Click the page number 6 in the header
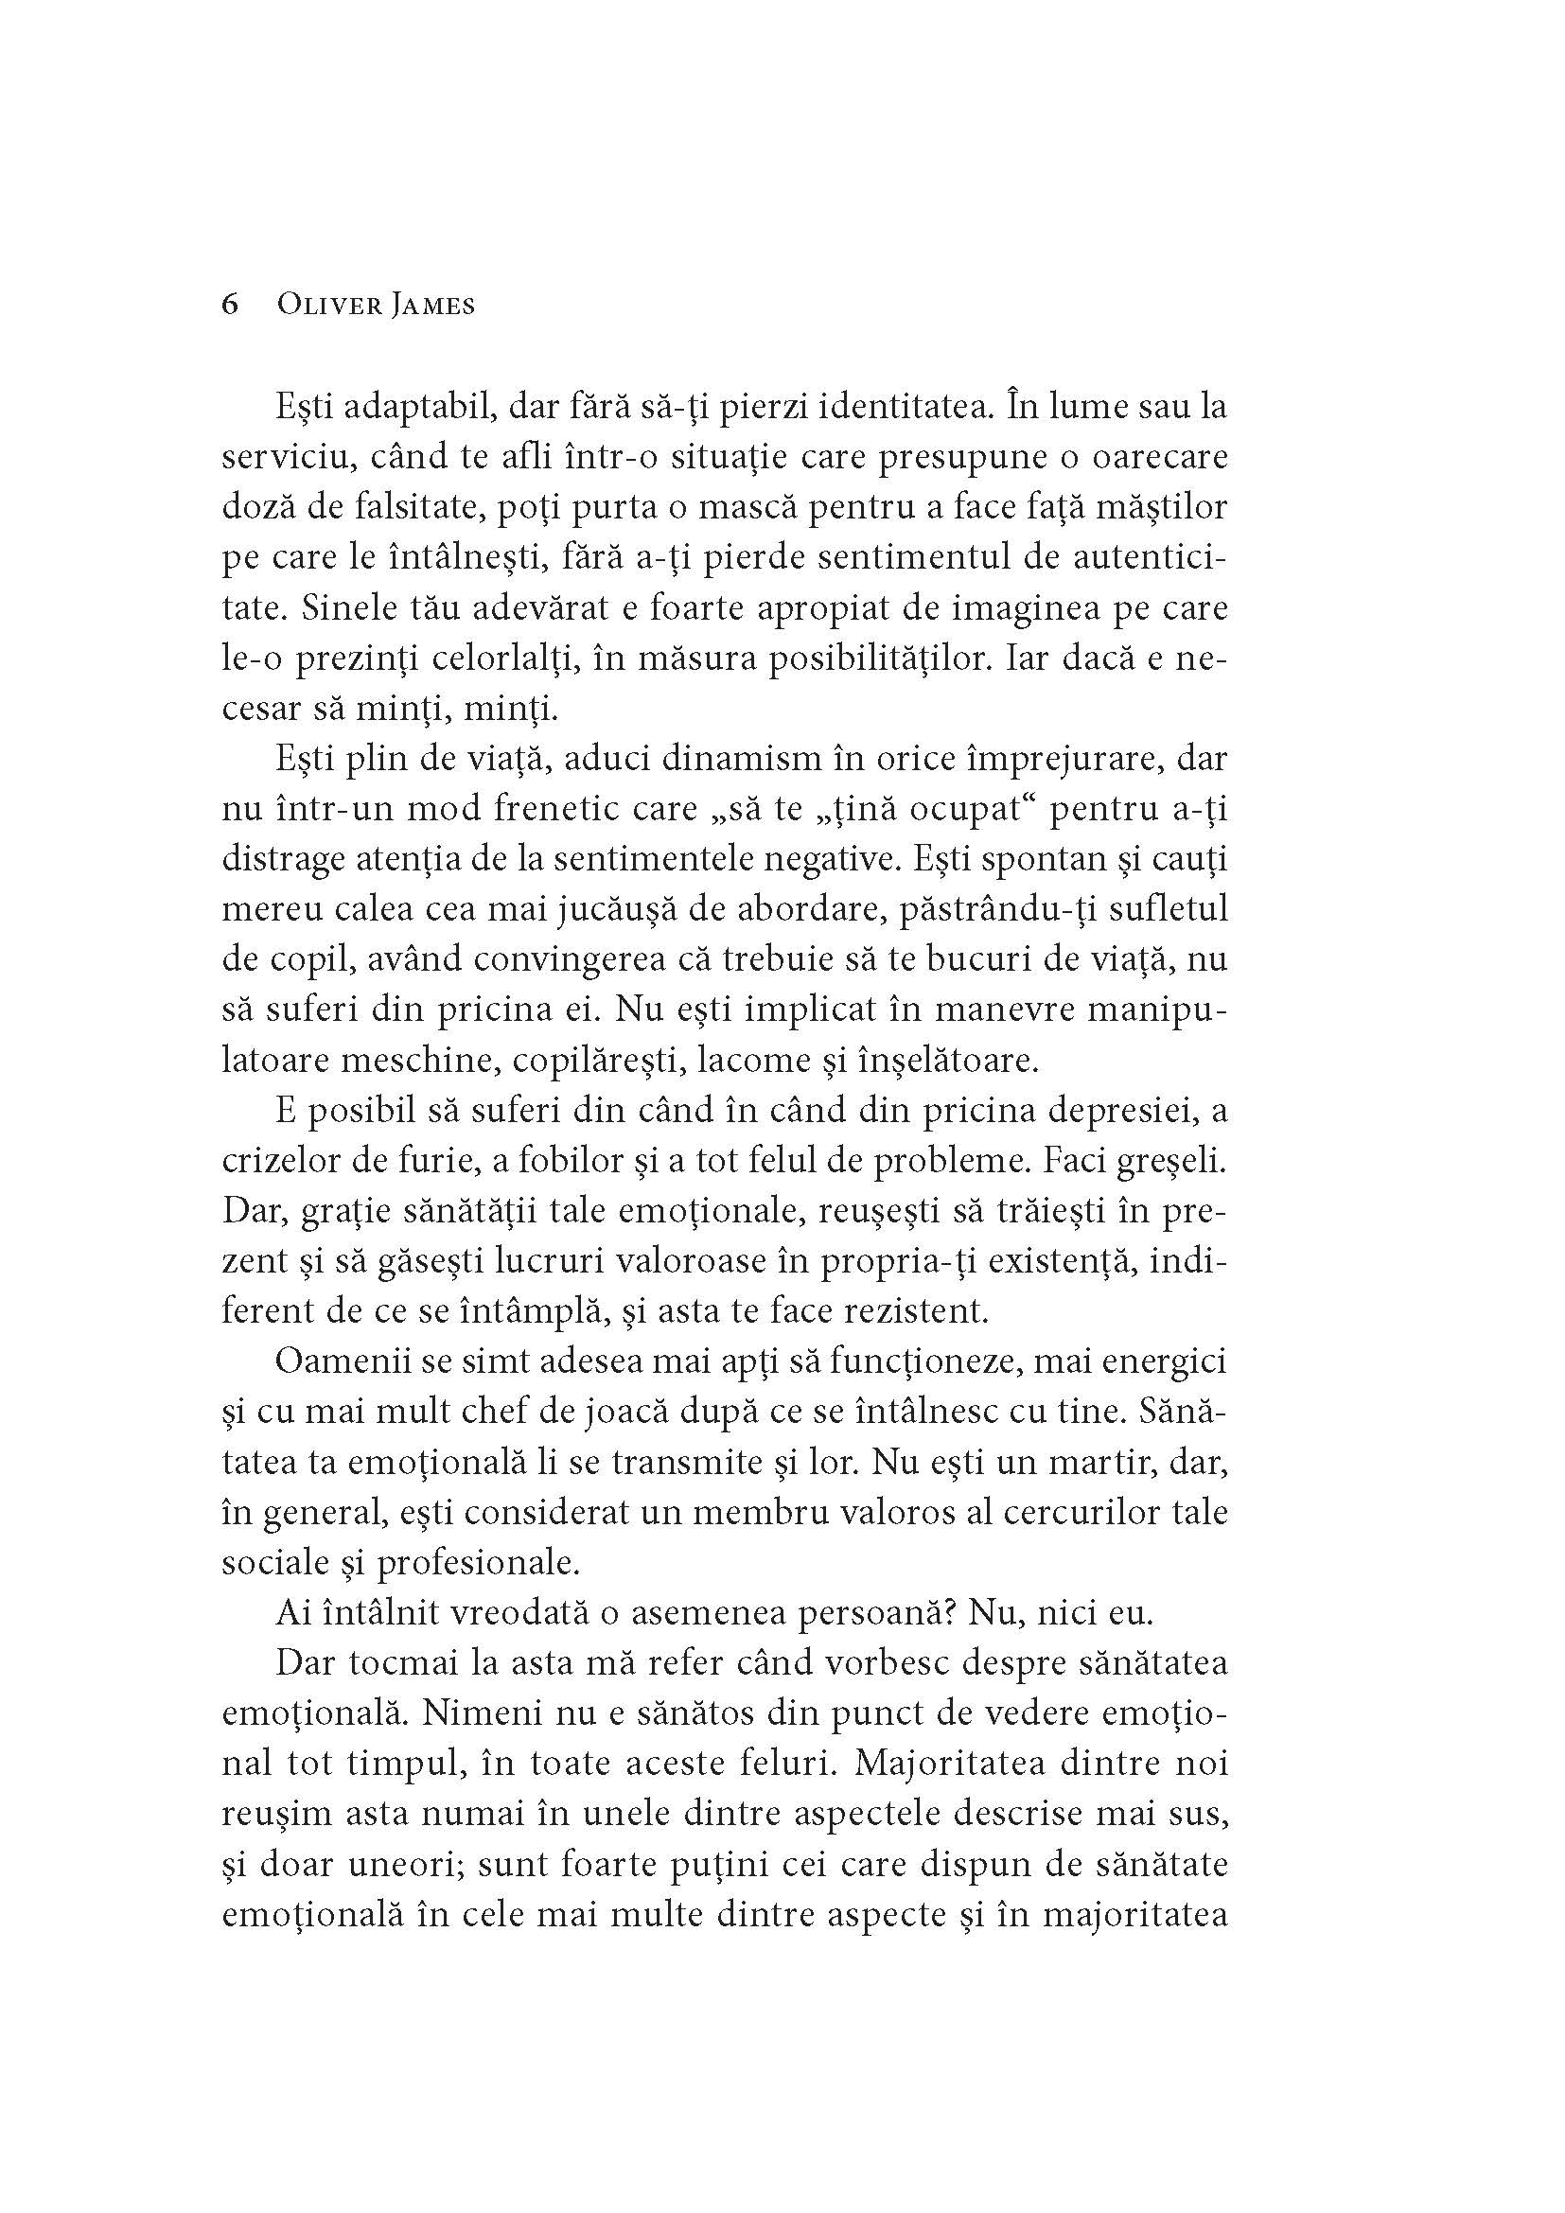(x=230, y=305)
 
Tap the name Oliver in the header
(x=324, y=305)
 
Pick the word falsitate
(x=404, y=508)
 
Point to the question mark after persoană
(x=949, y=1612)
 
